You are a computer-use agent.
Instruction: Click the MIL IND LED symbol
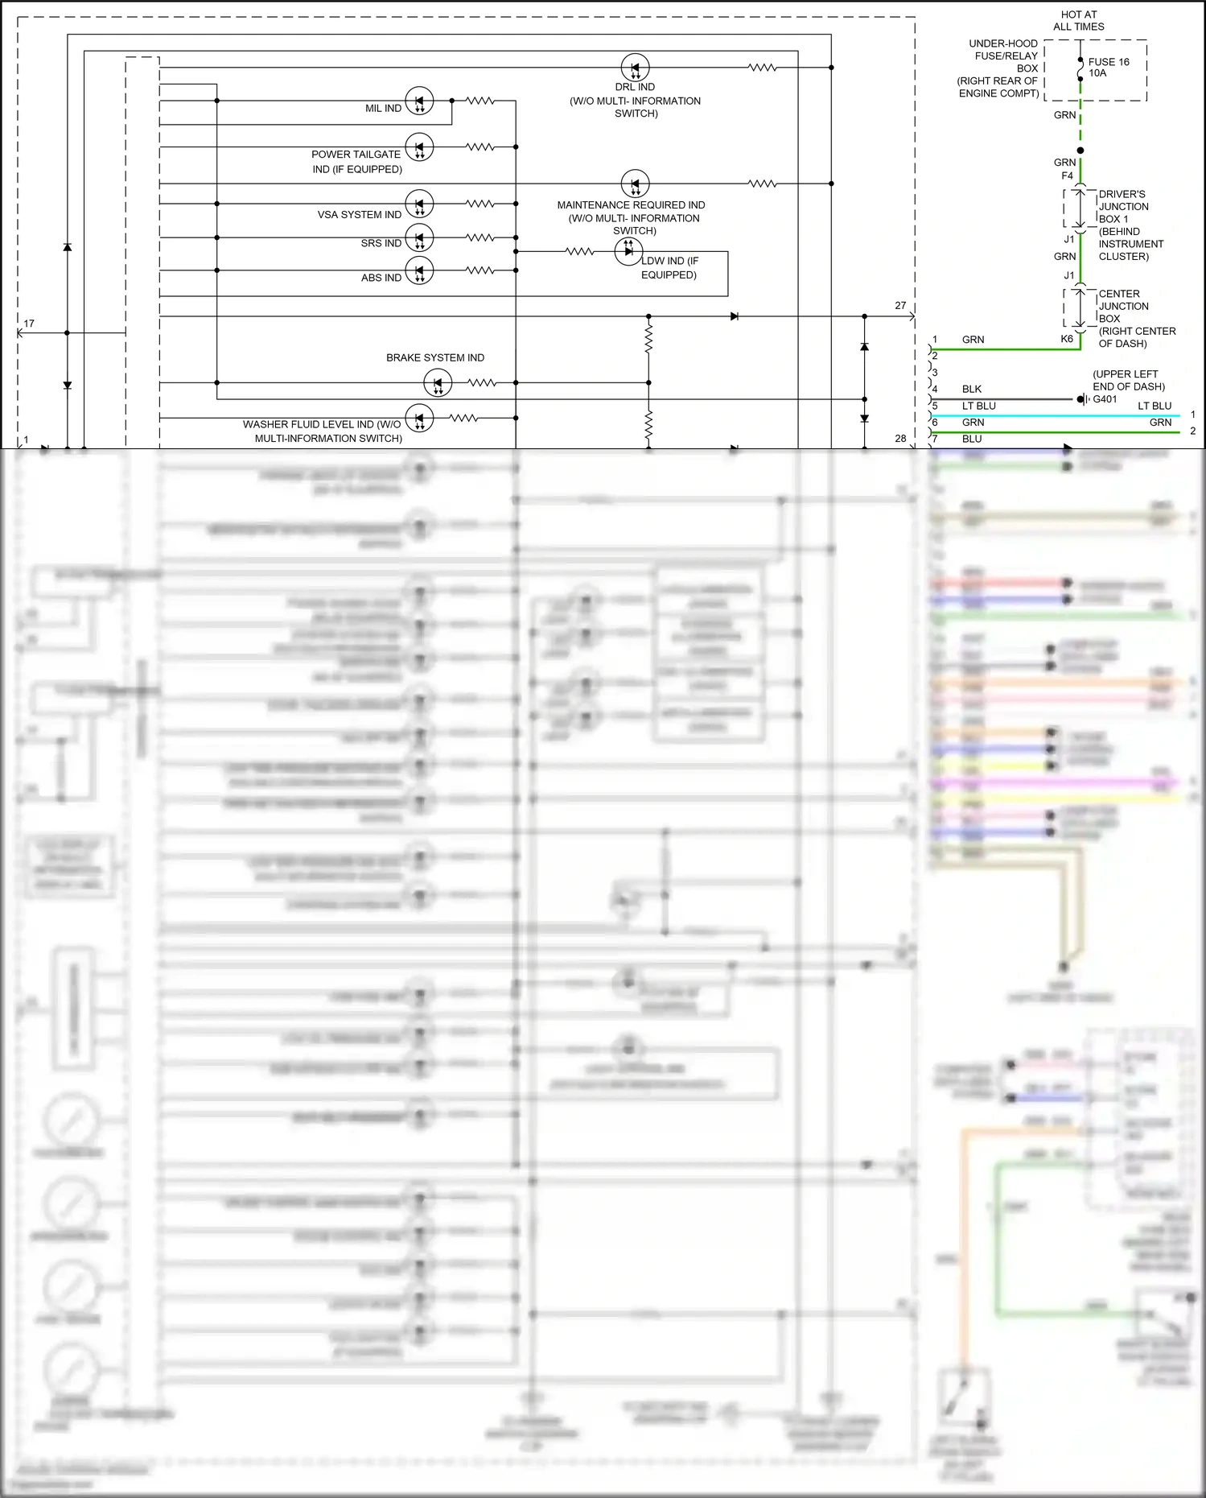click(419, 101)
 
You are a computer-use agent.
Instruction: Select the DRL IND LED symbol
click(635, 68)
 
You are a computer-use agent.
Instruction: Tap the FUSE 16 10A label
click(1108, 68)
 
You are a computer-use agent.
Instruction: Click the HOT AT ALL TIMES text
click(1078, 20)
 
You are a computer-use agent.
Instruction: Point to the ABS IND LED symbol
click(419, 270)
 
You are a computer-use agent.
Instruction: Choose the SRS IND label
click(381, 243)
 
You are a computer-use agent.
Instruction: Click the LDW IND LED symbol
click(628, 251)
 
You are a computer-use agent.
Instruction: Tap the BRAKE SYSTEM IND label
click(434, 357)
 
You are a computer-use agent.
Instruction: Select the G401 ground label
click(1105, 399)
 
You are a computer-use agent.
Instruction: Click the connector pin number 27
click(900, 306)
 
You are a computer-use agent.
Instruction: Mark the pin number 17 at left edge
click(29, 324)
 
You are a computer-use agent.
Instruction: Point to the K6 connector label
click(1066, 339)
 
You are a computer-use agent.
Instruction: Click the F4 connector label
click(1067, 175)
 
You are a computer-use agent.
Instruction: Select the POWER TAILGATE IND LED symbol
click(419, 147)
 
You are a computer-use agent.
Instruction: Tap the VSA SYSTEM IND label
click(359, 215)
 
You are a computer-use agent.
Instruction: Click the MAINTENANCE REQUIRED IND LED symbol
click(635, 184)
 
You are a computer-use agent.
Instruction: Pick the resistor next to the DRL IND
click(762, 68)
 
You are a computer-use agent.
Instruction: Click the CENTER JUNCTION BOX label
click(1123, 306)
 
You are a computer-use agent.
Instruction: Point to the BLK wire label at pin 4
click(971, 389)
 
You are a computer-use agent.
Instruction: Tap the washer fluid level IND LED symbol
click(419, 418)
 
